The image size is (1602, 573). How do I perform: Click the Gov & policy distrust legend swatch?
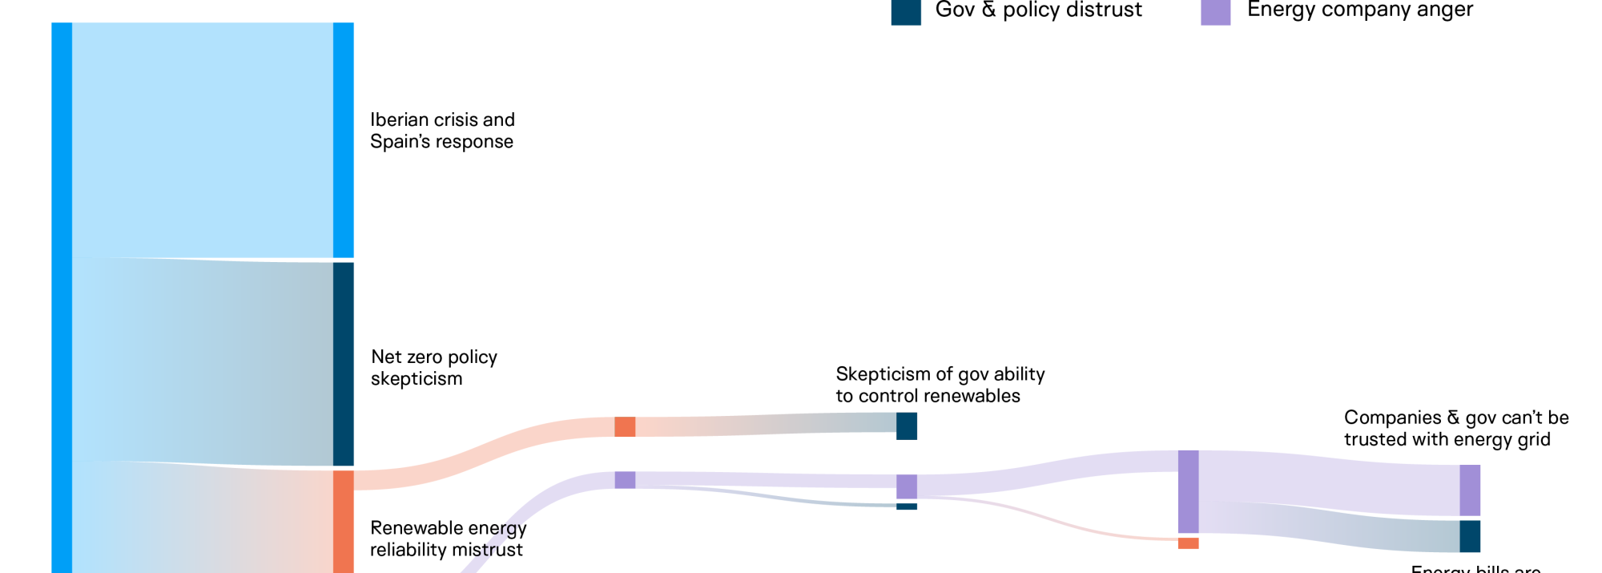tap(905, 11)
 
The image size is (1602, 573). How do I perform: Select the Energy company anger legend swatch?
tap(1215, 11)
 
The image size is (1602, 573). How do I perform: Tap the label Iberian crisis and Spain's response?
tap(442, 131)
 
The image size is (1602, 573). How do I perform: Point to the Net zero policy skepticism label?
tap(433, 368)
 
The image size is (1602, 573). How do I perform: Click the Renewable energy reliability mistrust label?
tap(448, 539)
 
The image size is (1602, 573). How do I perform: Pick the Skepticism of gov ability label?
tap(940, 385)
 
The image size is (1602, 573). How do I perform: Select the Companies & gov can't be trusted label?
tap(1455, 428)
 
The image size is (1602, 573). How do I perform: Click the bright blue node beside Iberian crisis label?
tap(343, 140)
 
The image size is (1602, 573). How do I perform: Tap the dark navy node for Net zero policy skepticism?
tap(343, 364)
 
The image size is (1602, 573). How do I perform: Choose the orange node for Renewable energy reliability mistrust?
tap(343, 521)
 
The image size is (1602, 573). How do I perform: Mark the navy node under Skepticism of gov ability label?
tap(906, 426)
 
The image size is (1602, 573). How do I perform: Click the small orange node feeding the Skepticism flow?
tap(625, 426)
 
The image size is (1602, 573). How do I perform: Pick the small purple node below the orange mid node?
tap(625, 480)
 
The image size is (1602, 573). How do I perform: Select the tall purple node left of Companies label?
tap(1188, 491)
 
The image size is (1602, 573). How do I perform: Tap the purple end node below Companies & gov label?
tap(1469, 490)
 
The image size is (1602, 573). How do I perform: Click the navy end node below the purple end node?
tap(1469, 536)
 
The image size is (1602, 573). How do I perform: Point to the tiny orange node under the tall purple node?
tap(1188, 543)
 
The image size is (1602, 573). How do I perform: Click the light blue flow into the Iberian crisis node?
tap(202, 140)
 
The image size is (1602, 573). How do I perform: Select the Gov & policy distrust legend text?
tap(1038, 10)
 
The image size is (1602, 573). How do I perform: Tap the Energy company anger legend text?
tap(1359, 10)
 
